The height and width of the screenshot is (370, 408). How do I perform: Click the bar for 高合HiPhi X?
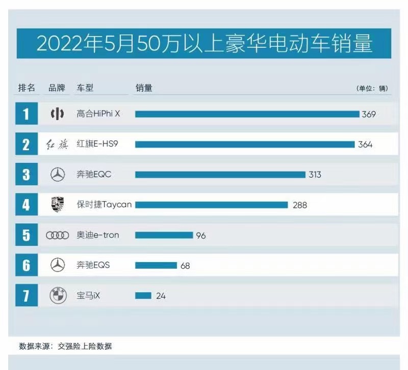(x=247, y=114)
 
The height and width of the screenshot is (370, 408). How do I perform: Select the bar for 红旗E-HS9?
(x=245, y=145)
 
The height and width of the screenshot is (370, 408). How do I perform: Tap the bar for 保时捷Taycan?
(x=211, y=205)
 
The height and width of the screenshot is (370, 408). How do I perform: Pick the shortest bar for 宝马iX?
(x=143, y=295)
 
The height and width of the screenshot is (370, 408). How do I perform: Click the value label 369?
(x=368, y=115)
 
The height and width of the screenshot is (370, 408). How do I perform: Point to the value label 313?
(x=315, y=175)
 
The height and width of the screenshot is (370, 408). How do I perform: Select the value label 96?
(x=200, y=236)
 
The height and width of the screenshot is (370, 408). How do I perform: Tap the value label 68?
(x=185, y=266)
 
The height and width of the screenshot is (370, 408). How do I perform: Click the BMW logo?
(x=58, y=296)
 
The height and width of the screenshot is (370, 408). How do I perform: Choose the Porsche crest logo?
(x=58, y=205)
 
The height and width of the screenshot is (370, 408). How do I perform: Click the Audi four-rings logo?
(x=57, y=236)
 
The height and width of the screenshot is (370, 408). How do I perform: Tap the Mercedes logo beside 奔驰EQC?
(x=58, y=175)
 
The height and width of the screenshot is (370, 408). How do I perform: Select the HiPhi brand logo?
(x=57, y=114)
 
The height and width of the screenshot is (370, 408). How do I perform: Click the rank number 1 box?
(x=26, y=114)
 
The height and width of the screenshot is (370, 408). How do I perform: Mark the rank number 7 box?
(x=26, y=296)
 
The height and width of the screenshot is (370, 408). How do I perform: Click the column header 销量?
(x=144, y=88)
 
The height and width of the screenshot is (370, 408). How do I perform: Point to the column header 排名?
(x=27, y=88)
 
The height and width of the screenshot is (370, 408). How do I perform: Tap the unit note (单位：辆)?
(x=372, y=88)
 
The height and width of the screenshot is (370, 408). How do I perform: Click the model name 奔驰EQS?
(x=93, y=265)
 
